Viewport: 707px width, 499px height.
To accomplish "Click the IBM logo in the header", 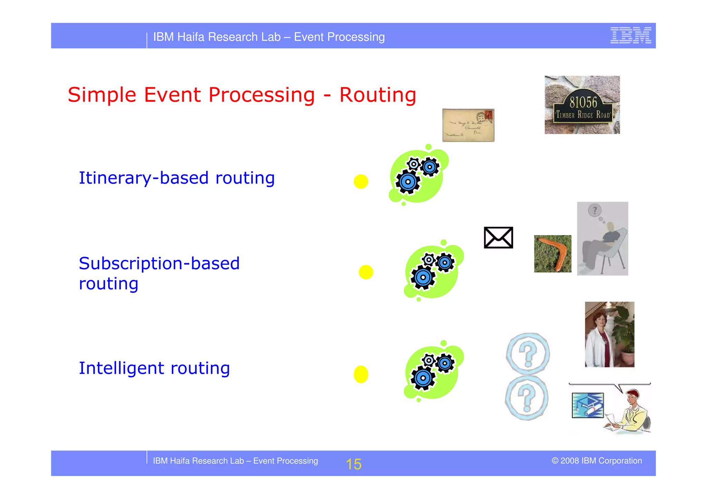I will (x=630, y=36).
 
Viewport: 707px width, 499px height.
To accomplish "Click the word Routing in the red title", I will (x=378, y=95).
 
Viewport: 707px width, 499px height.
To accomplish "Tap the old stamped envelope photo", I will (x=468, y=125).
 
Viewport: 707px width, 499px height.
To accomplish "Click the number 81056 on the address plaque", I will (x=583, y=102).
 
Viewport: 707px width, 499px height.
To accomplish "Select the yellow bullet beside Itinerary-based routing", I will (x=361, y=181).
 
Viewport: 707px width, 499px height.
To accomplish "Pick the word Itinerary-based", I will (x=144, y=178).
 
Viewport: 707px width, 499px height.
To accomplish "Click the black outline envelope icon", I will (x=498, y=238).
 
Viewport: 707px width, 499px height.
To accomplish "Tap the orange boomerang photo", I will (x=552, y=254).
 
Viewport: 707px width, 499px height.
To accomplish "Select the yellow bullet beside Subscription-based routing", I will (x=366, y=272).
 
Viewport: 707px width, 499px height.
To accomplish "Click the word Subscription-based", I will (x=159, y=264).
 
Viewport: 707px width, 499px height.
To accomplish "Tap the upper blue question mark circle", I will (x=527, y=354).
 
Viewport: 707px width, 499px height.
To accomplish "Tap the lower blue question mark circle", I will (x=526, y=398).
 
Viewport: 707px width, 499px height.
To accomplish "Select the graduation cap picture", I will (x=588, y=405).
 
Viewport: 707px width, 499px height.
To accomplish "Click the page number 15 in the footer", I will (x=353, y=464).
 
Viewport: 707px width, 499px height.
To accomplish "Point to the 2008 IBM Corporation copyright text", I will (x=597, y=461).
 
